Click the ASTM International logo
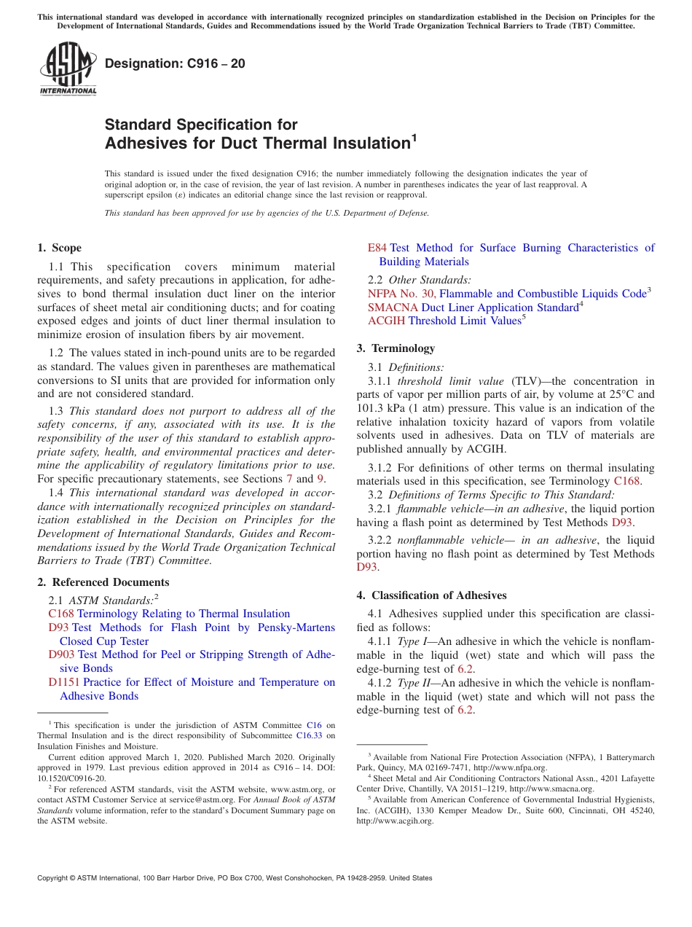click(68, 69)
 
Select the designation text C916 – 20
click(175, 64)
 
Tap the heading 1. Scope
click(60, 248)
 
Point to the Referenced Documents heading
click(103, 582)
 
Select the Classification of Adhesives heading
click(431, 595)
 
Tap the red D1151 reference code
click(63, 682)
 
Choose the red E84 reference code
click(377, 248)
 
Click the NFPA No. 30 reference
click(401, 294)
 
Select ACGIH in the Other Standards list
click(386, 321)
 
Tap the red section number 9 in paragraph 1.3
click(320, 479)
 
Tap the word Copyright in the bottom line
click(56, 878)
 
